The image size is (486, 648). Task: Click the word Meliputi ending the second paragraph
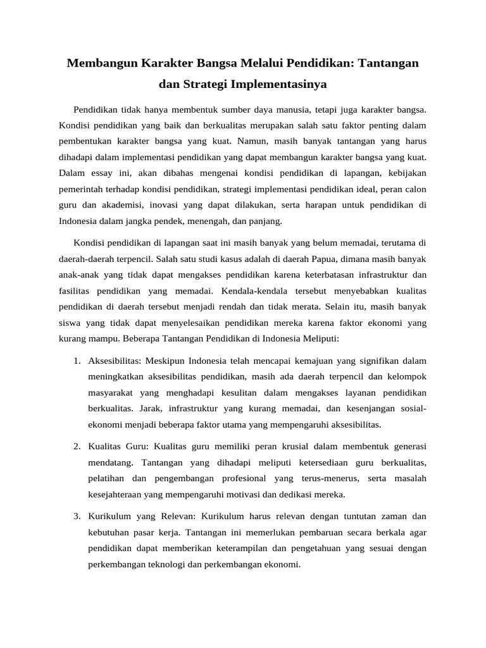click(x=320, y=339)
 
